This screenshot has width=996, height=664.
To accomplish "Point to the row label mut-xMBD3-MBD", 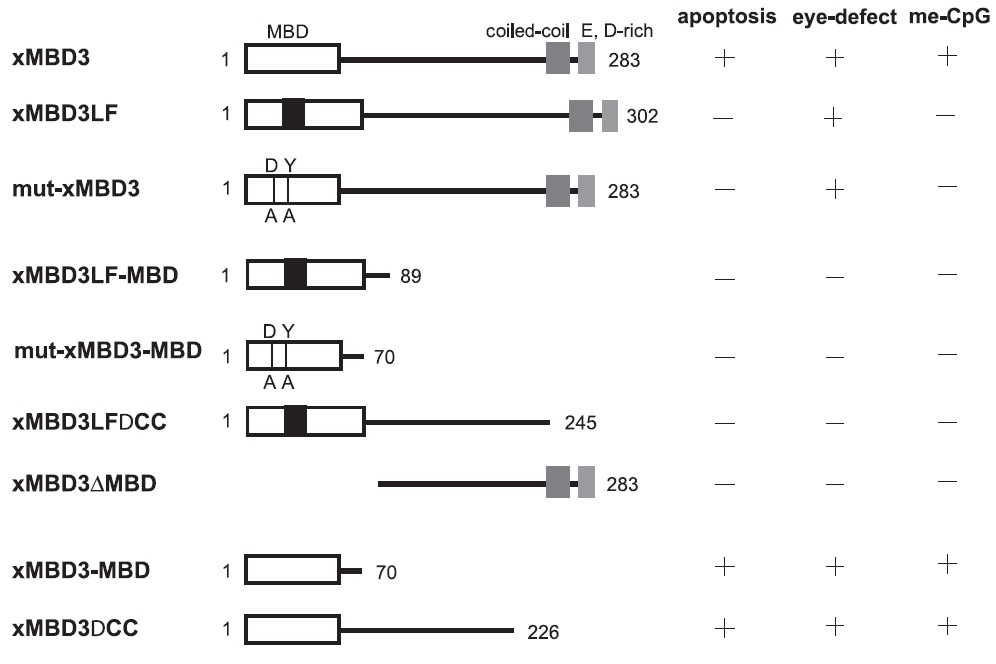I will click(x=108, y=351).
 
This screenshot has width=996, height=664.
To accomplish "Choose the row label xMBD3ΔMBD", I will click(x=84, y=485).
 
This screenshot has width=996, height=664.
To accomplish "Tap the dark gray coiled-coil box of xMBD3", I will click(x=558, y=59).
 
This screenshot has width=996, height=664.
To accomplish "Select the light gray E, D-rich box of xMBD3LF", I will click(x=609, y=116).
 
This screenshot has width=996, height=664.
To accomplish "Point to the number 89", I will click(x=410, y=275).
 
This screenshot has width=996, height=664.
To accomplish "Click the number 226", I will click(x=542, y=631).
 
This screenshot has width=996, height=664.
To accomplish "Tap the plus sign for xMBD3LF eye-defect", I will click(x=835, y=117).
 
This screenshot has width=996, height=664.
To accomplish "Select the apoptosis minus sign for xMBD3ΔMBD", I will click(x=725, y=485).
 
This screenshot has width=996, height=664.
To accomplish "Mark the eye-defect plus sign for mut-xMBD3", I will click(x=835, y=189).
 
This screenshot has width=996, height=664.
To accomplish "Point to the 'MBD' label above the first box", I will click(x=287, y=32).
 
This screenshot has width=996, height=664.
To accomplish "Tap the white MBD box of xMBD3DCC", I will click(x=293, y=630).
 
